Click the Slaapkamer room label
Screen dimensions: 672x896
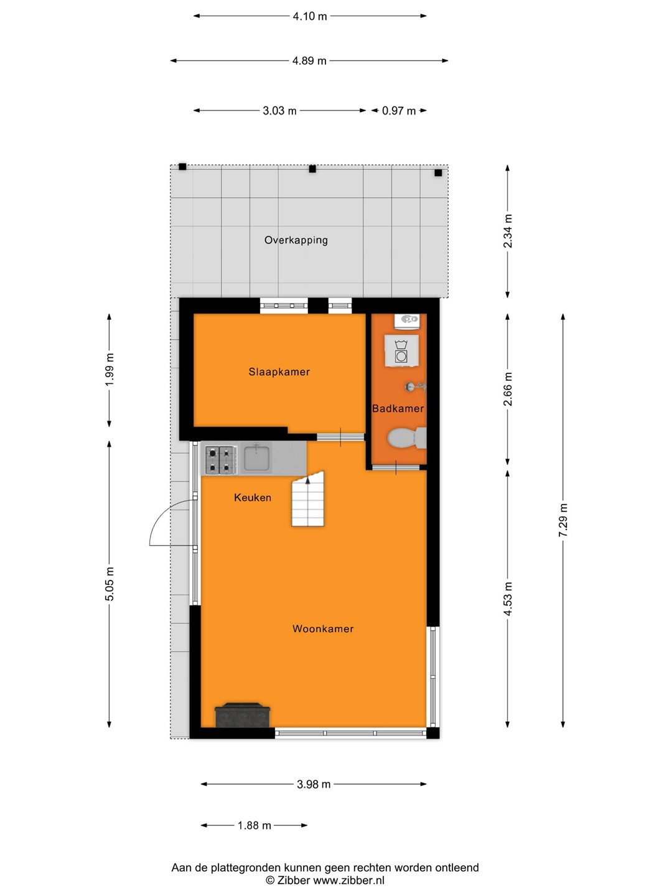point(279,372)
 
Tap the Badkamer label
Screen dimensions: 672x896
point(398,408)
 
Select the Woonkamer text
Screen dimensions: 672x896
point(323,628)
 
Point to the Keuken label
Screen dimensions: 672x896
point(253,498)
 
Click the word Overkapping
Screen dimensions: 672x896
point(296,240)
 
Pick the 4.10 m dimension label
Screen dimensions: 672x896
point(310,16)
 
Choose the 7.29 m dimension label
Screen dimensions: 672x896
point(563,520)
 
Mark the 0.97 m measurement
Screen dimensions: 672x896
point(399,111)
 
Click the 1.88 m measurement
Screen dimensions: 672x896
point(254,826)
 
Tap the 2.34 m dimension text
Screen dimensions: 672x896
point(508,231)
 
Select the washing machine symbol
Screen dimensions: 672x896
point(402,351)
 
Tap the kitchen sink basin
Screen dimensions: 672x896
point(256,459)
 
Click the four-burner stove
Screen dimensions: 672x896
point(221,460)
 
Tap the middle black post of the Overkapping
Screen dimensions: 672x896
point(312,169)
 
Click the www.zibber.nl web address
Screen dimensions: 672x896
point(348,880)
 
